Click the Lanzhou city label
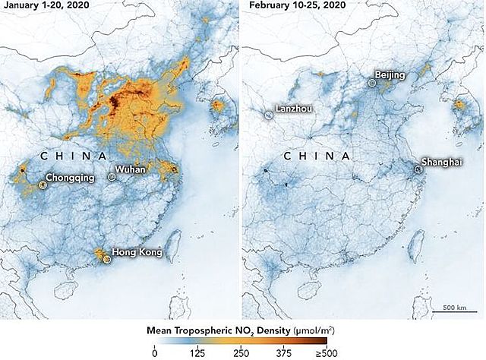[x=294, y=109]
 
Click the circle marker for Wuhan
[x=112, y=177]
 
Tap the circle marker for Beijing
[x=371, y=82]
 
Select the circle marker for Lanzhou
[x=269, y=115]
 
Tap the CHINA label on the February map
[x=317, y=156]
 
